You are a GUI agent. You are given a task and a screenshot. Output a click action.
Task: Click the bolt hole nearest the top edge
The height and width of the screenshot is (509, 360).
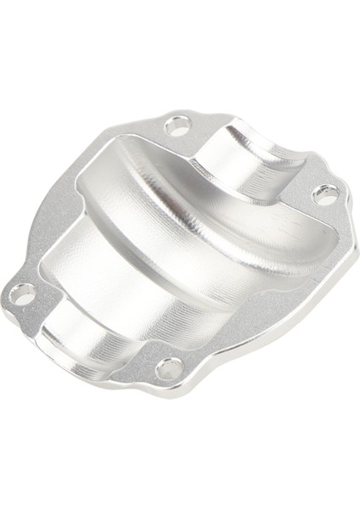[177, 127]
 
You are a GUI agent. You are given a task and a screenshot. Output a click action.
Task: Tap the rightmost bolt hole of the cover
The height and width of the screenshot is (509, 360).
[325, 196]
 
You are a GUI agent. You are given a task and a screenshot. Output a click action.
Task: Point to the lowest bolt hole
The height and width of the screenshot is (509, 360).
[169, 369]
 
